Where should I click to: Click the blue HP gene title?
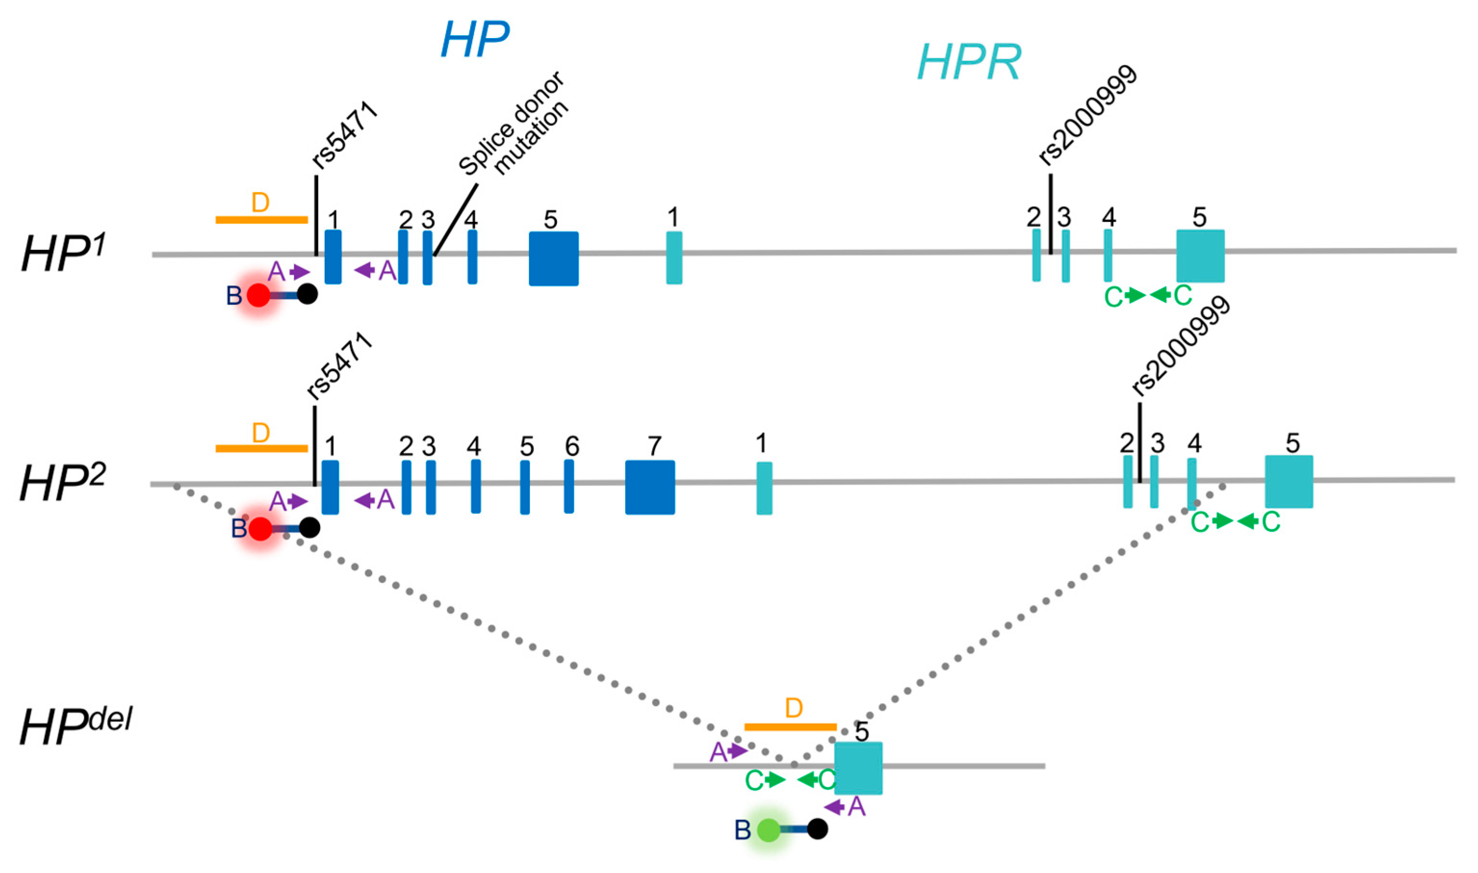point(475,40)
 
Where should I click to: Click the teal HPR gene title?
point(969,63)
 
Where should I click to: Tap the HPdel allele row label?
point(75,727)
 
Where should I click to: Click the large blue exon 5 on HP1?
point(553,258)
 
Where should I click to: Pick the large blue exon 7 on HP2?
point(649,487)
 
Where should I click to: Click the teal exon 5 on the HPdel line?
point(858,768)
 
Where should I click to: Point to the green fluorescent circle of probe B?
point(768,830)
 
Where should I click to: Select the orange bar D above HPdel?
point(790,727)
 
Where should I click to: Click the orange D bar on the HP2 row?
point(262,448)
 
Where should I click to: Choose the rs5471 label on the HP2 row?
point(339,367)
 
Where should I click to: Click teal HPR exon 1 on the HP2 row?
point(764,488)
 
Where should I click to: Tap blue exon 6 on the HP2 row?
point(569,487)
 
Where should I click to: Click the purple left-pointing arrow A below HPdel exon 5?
point(835,807)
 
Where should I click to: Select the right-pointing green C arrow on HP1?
point(1136,295)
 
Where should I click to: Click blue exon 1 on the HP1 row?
point(333,257)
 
